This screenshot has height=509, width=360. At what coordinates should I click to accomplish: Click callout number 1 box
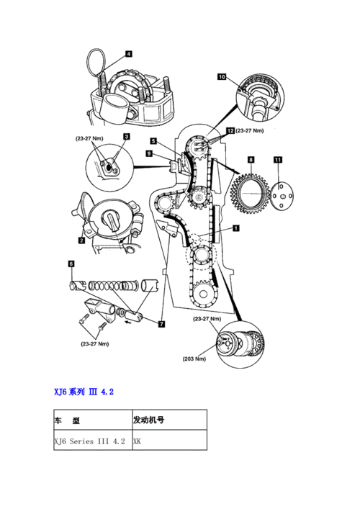point(235,228)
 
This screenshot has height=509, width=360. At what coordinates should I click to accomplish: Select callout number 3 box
point(126,136)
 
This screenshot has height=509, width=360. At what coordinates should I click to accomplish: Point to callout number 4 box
point(128,54)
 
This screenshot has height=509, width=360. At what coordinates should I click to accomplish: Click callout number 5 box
point(153,141)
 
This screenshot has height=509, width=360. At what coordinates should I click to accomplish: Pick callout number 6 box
point(71,264)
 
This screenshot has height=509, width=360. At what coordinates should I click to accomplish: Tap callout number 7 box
point(161,324)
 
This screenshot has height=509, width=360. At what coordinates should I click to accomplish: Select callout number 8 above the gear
point(251,158)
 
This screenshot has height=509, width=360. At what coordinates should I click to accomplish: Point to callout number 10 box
point(222,76)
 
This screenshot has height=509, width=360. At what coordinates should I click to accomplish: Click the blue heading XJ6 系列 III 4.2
point(84,392)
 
